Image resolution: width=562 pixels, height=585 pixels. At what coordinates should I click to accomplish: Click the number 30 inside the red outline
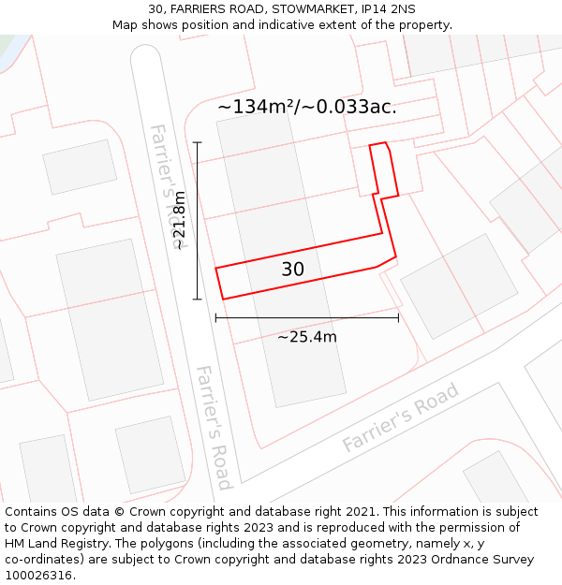click(x=293, y=270)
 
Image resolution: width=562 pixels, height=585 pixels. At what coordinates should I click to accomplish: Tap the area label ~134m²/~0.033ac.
click(x=307, y=107)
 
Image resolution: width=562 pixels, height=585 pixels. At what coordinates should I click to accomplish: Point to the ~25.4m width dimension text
click(x=307, y=337)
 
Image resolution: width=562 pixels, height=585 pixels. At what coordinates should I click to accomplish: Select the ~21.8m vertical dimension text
click(x=180, y=220)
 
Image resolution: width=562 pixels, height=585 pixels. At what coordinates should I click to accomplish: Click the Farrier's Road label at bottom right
click(x=401, y=417)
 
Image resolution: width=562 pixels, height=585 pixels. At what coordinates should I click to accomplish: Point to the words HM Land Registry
click(x=53, y=543)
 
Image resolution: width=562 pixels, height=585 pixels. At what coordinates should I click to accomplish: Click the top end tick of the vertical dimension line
click(x=198, y=142)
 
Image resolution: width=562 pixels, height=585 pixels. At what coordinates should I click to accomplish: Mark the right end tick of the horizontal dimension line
click(x=398, y=318)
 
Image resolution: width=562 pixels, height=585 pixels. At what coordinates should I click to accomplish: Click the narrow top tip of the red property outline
click(x=377, y=145)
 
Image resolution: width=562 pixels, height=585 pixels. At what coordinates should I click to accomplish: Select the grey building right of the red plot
click(x=459, y=285)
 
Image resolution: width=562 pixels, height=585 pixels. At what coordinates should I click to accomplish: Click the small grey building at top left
click(x=80, y=167)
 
